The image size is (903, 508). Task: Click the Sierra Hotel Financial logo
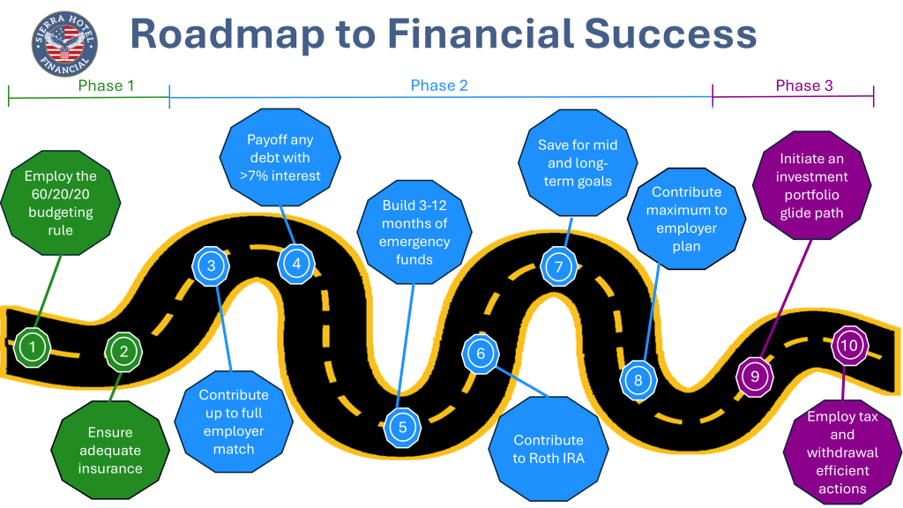[63, 43]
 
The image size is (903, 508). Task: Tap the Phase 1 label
[106, 86]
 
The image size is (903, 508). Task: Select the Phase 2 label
[439, 86]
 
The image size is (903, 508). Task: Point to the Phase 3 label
[803, 86]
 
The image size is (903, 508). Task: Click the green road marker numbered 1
[33, 347]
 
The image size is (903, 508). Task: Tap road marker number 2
[123, 351]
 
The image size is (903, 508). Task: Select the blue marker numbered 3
[211, 265]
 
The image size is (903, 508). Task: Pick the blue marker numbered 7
[557, 265]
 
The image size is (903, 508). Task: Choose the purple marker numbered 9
[755, 376]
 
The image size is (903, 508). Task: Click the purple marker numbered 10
[849, 346]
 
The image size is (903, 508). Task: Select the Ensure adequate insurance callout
[109, 450]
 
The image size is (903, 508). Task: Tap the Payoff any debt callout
[280, 158]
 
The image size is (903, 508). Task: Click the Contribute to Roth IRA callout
[549, 449]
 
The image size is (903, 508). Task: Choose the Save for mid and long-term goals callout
[578, 163]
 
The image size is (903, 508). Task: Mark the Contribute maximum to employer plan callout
[686, 219]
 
